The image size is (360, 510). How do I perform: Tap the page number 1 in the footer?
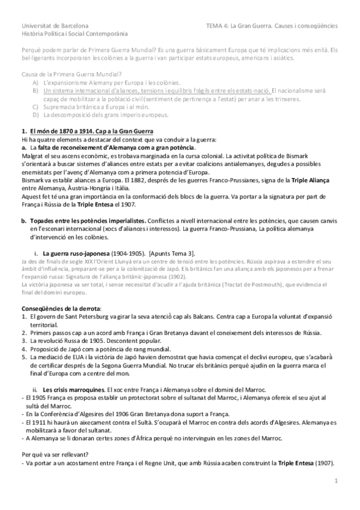pyautogui.click(x=337, y=481)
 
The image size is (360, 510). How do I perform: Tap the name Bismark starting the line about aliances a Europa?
pyautogui.click(x=34, y=180)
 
